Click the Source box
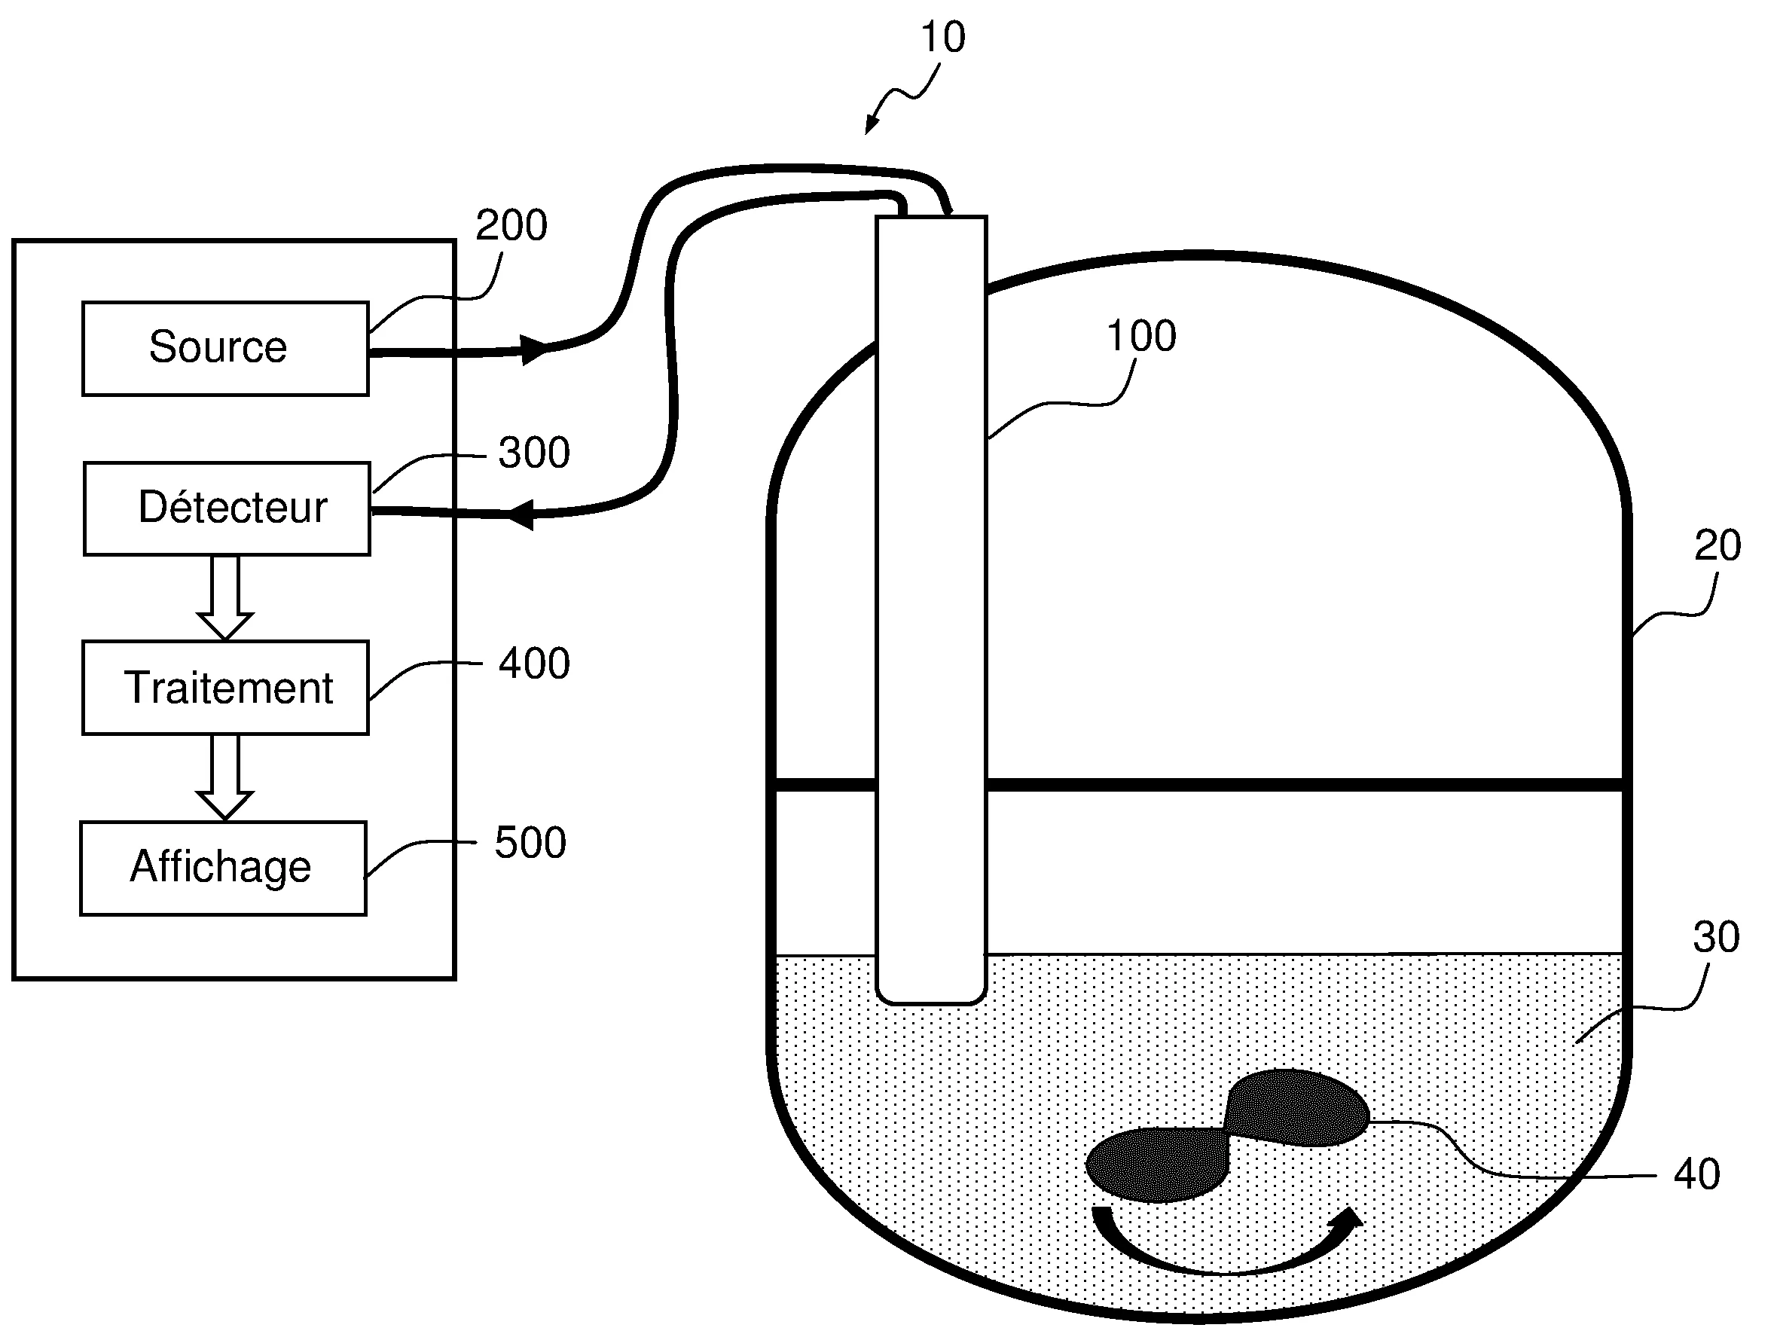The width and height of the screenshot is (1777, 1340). point(225,349)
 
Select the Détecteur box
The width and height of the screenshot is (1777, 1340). point(227,508)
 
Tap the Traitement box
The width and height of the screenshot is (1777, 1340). point(225,688)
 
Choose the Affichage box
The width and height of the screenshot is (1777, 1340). point(222,868)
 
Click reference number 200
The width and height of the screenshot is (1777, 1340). point(511,225)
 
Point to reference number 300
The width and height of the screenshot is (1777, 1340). point(533,452)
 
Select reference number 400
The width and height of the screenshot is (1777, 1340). point(533,664)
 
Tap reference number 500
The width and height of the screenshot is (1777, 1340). point(530,843)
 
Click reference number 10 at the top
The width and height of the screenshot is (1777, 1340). point(942,38)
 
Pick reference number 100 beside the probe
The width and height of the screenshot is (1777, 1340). point(1140,336)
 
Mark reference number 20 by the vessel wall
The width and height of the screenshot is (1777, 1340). point(1717,545)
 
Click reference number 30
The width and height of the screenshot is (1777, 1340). point(1716,937)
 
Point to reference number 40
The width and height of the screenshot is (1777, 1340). point(1696,1174)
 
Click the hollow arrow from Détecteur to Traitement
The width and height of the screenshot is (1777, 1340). point(225,598)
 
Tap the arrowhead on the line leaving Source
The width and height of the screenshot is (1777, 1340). point(533,349)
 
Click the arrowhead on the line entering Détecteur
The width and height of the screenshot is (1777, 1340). point(522,514)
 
